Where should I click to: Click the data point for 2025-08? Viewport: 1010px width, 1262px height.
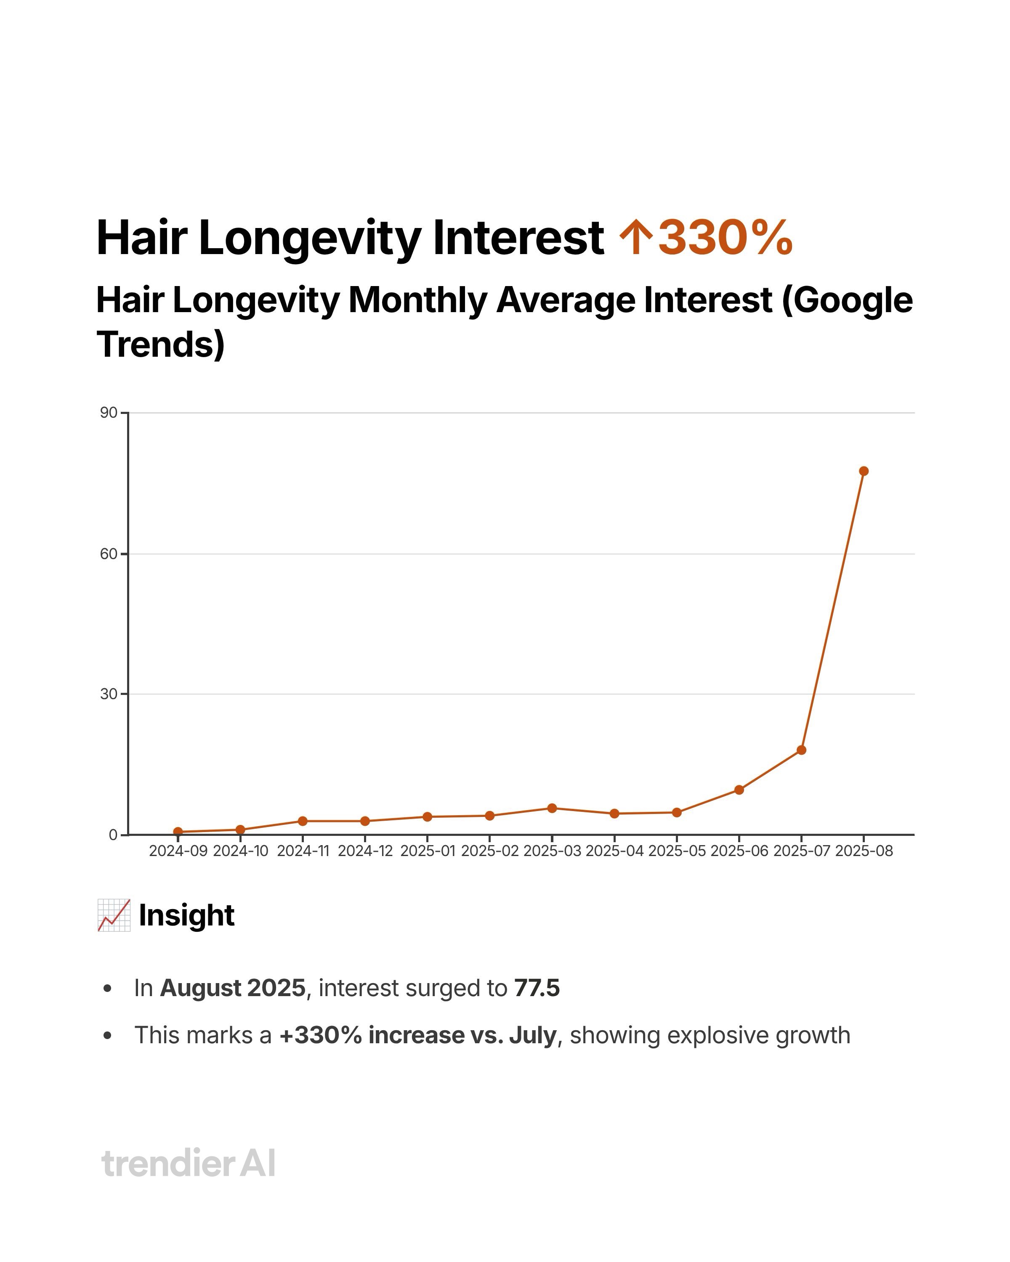pyautogui.click(x=863, y=471)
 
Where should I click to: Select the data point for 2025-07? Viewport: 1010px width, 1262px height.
pyautogui.click(x=801, y=750)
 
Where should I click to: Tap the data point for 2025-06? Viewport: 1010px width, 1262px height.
pyautogui.click(x=739, y=790)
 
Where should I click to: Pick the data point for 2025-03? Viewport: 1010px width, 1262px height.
pyautogui.click(x=552, y=809)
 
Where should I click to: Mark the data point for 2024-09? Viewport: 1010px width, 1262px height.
pyautogui.click(x=178, y=832)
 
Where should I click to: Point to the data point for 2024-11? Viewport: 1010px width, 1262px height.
pyautogui.click(x=303, y=821)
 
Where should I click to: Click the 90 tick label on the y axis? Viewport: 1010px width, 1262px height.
pyautogui.click(x=108, y=413)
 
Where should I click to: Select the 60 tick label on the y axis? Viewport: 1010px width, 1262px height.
pyautogui.click(x=108, y=554)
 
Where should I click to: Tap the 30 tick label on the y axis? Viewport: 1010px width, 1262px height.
pyautogui.click(x=108, y=694)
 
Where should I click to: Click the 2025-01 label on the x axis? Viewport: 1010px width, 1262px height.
pyautogui.click(x=428, y=851)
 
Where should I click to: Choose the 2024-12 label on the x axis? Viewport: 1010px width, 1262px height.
pyautogui.click(x=365, y=851)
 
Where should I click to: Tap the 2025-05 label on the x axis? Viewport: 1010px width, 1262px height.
pyautogui.click(x=677, y=851)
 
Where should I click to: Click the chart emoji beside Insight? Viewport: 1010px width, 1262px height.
pyautogui.click(x=114, y=915)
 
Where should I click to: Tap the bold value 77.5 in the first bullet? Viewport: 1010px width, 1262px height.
pyautogui.click(x=537, y=988)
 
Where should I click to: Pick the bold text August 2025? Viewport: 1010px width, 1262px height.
pyautogui.click(x=232, y=988)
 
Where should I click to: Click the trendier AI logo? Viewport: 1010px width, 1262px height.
pyautogui.click(x=188, y=1163)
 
